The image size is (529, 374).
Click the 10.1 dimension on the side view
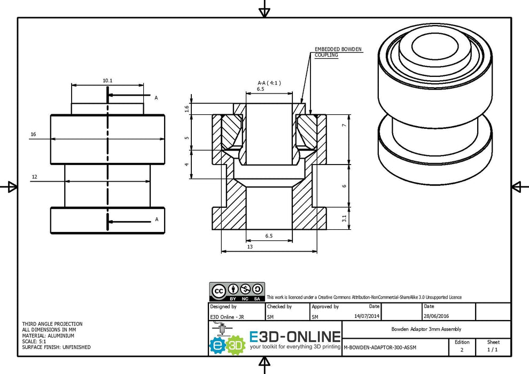[x=107, y=81]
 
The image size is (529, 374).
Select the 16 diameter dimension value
[x=33, y=135]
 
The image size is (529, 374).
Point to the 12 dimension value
[x=34, y=176]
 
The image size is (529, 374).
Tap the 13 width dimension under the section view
[x=250, y=246]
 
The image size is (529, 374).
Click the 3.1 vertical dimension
[x=345, y=219]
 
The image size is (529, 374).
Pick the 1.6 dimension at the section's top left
[x=186, y=109]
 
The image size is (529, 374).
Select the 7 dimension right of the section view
[x=345, y=125]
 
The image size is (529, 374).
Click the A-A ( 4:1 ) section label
[x=269, y=83]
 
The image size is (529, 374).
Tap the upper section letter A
[x=156, y=98]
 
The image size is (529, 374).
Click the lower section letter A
[x=156, y=219]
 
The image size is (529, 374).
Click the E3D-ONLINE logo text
[x=295, y=337]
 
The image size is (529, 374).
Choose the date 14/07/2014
[x=367, y=316]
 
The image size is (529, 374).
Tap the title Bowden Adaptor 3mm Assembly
[x=426, y=329]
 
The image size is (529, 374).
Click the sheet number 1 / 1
[x=492, y=349]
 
